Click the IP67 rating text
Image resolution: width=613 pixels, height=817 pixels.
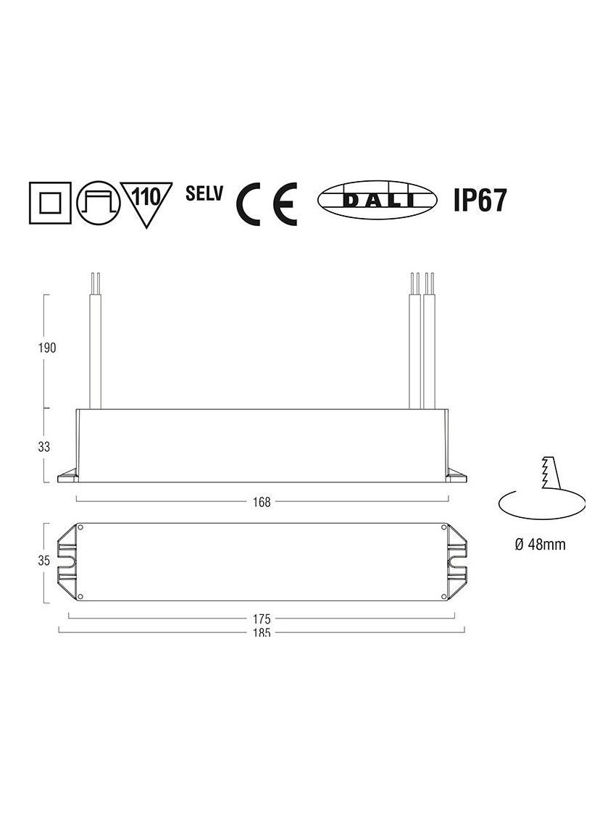pyautogui.click(x=479, y=200)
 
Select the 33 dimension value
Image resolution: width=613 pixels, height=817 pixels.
pyautogui.click(x=44, y=447)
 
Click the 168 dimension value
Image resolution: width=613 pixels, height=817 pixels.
pyautogui.click(x=262, y=502)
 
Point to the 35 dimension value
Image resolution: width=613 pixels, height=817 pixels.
pyautogui.click(x=44, y=560)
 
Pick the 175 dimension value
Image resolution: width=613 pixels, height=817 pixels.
pyautogui.click(x=262, y=619)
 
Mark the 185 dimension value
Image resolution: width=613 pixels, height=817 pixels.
pyautogui.click(x=262, y=632)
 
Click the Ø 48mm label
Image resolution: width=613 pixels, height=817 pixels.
pyautogui.click(x=540, y=545)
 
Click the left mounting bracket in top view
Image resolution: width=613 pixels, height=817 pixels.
pyautogui.click(x=70, y=562)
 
